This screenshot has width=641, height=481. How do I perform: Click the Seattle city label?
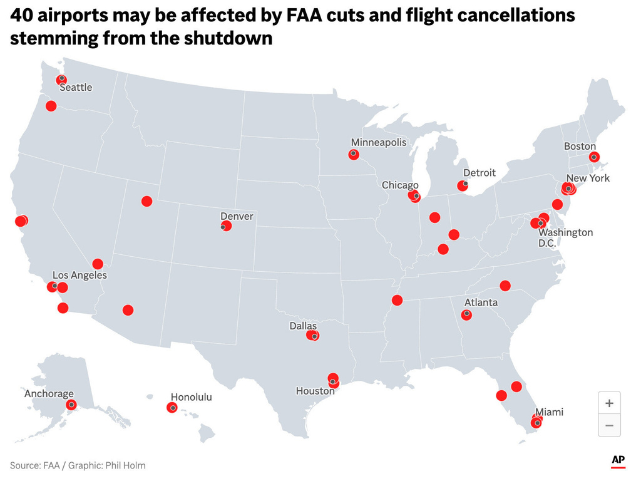click(76, 88)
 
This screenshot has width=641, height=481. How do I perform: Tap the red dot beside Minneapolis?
click(354, 154)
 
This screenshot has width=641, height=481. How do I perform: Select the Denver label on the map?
click(237, 216)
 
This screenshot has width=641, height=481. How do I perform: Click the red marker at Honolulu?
click(172, 408)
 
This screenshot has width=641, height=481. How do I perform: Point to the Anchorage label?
click(49, 394)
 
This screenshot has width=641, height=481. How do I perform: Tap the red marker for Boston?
click(594, 157)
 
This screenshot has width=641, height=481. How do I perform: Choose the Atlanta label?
click(481, 303)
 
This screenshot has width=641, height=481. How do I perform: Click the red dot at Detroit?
click(463, 185)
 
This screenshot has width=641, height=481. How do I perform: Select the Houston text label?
click(315, 391)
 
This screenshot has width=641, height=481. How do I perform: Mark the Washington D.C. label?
click(565, 237)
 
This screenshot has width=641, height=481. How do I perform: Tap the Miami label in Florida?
click(549, 412)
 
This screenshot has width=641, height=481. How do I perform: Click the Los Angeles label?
click(79, 275)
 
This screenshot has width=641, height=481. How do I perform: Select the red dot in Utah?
click(146, 201)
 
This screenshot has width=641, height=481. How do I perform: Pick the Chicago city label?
click(400, 185)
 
